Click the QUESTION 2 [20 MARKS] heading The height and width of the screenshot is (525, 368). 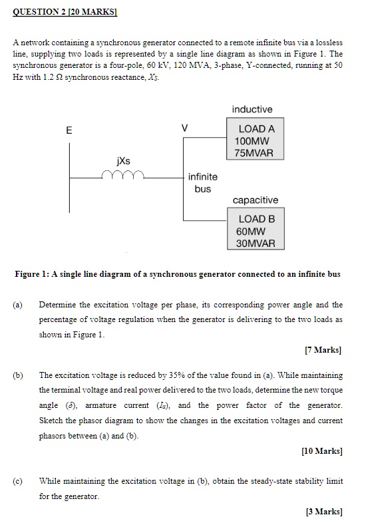(64, 11)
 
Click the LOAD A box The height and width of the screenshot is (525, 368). (256, 141)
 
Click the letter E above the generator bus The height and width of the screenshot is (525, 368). (68, 131)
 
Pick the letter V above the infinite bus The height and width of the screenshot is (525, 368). (185, 127)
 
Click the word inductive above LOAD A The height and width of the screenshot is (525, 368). (252, 109)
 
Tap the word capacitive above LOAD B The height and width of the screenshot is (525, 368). (256, 200)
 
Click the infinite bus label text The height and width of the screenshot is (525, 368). (202, 182)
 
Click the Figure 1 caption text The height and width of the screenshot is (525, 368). (178, 273)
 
